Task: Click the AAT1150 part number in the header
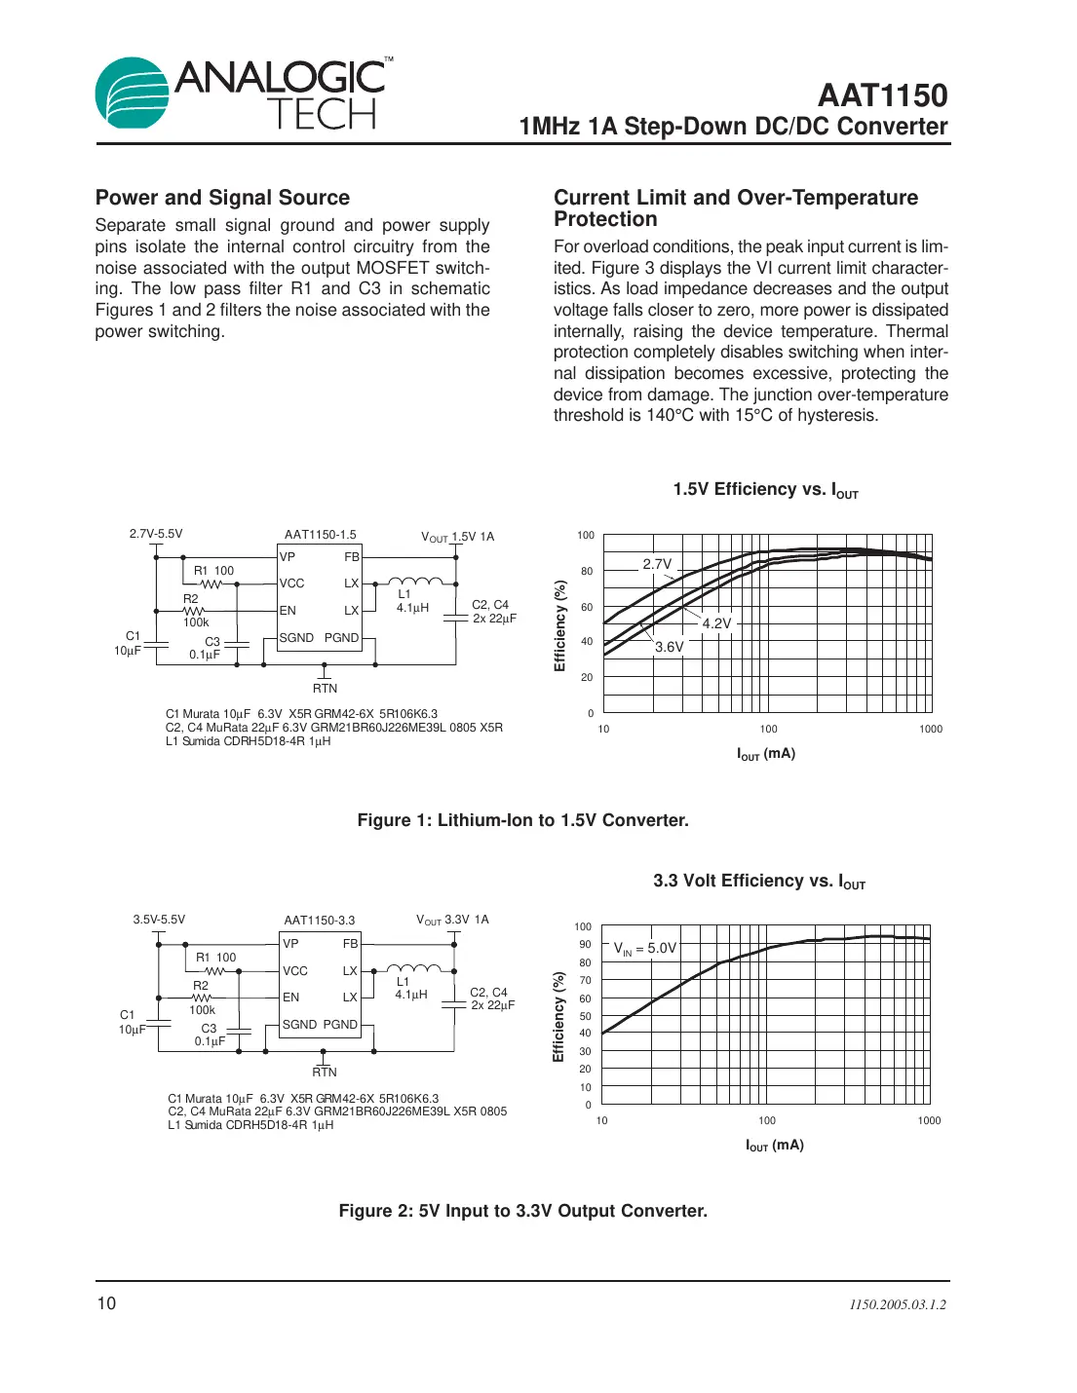(x=882, y=95)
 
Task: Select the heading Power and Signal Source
(x=222, y=198)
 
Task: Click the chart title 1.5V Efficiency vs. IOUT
(x=765, y=490)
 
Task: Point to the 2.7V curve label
(x=657, y=564)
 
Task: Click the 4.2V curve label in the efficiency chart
(x=716, y=623)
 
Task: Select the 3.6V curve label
(x=669, y=647)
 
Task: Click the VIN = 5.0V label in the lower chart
(x=644, y=948)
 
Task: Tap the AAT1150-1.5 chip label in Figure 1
(x=320, y=535)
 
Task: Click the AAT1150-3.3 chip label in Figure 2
(x=319, y=921)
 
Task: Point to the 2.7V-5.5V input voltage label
(x=156, y=534)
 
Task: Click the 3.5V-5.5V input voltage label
(x=159, y=920)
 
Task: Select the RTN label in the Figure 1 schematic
(x=325, y=689)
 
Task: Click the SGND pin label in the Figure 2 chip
(x=299, y=1025)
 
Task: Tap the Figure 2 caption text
(x=522, y=1211)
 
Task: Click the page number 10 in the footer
(x=106, y=1303)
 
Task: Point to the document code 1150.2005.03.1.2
(x=897, y=1304)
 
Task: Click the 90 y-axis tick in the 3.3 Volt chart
(x=585, y=944)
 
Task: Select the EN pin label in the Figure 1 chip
(x=288, y=611)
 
